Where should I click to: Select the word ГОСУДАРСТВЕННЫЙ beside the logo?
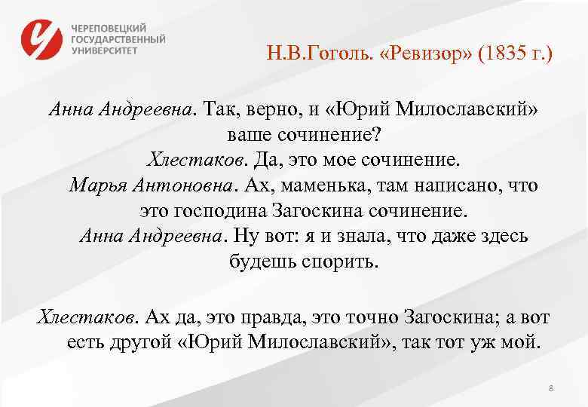point(119,38)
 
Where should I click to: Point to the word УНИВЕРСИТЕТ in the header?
point(105,50)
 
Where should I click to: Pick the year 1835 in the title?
point(503,54)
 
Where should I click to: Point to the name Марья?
point(98,185)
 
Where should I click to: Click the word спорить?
point(341,262)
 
